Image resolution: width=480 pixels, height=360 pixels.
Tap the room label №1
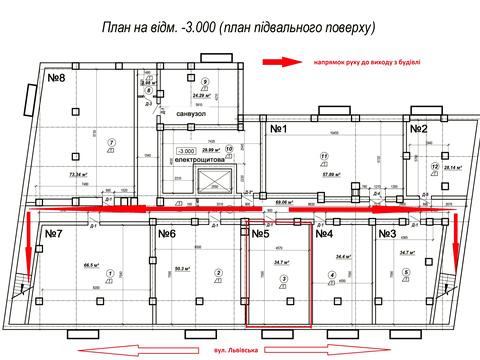coord(277,129)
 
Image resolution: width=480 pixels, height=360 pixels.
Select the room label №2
coord(417,128)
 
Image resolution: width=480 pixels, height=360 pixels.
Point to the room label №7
coord(54,234)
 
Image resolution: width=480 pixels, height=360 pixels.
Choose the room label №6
coord(167,234)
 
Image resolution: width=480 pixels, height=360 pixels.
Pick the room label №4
coord(323,234)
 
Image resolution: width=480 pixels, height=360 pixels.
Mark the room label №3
coord(387,234)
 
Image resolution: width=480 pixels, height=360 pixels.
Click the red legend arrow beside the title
coord(282,62)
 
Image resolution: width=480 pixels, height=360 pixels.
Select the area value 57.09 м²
coord(333,173)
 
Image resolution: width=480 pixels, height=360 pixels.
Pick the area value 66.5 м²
coord(93,266)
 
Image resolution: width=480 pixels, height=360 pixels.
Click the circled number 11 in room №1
coord(324,156)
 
